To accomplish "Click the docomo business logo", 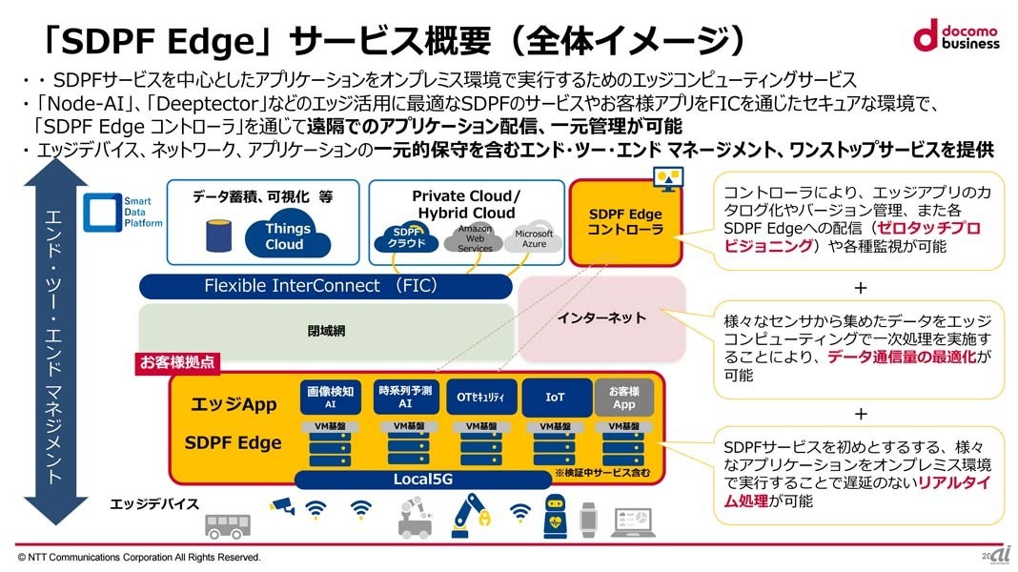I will [956, 35].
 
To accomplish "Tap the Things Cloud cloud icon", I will [287, 235].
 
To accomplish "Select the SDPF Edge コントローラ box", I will [625, 222].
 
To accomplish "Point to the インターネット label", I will [601, 317].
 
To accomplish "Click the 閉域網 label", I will [326, 331].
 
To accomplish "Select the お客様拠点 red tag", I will [175, 362].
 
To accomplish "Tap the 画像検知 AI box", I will [329, 398].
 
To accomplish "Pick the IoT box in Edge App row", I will [555, 398].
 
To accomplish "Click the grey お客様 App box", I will [623, 398].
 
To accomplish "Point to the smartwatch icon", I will [587, 518].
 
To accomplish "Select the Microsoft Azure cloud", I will [534, 238].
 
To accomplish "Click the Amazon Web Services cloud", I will [475, 238].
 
